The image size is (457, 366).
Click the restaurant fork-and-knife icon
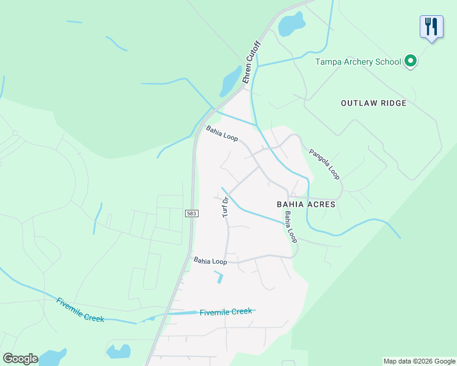coord(431,27)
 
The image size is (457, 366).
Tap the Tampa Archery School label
coord(358,62)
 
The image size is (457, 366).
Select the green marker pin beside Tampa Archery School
coord(411,61)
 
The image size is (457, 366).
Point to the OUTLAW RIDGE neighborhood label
coord(373,103)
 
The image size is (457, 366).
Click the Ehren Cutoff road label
coord(251,62)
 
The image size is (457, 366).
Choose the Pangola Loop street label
coord(324,164)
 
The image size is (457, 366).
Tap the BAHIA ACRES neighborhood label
coord(306,204)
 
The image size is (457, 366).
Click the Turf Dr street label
coord(225,207)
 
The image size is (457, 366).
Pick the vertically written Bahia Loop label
coord(291,227)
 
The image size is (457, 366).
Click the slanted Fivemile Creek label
coord(80,310)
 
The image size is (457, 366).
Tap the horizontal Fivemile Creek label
coord(225,312)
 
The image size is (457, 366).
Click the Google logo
coord(20,359)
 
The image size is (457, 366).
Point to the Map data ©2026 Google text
coord(419,361)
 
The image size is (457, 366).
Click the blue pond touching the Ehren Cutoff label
coord(231,81)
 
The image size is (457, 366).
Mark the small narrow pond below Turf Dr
coord(219,278)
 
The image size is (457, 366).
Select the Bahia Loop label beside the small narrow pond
coord(210,261)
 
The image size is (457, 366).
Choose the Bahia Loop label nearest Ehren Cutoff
coord(222,133)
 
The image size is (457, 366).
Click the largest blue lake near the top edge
coord(291,24)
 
